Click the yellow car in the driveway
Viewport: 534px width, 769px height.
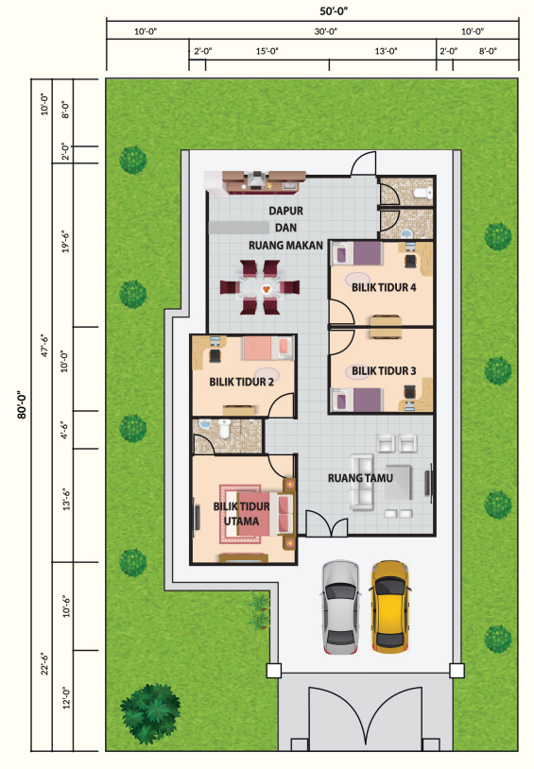point(389,607)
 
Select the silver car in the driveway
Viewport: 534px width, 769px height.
point(341,607)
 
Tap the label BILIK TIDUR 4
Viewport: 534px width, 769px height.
point(384,287)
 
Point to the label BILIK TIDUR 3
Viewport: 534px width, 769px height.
point(384,371)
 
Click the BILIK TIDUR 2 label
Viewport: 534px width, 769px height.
point(241,382)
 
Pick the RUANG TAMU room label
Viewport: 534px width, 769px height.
point(360,478)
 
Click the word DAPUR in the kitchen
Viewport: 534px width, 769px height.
point(285,211)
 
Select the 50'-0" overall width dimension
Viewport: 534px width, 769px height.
point(334,10)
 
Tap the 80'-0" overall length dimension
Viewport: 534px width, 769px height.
point(22,404)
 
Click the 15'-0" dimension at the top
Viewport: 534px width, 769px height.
point(267,50)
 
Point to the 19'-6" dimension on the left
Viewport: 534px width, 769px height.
point(65,241)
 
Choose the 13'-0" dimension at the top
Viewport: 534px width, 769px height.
point(386,50)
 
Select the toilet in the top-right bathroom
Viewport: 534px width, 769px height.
point(423,193)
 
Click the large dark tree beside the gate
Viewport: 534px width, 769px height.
point(149,713)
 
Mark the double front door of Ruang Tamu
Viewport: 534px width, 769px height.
point(327,523)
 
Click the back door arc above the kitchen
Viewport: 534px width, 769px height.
point(363,163)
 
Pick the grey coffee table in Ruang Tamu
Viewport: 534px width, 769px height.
point(398,483)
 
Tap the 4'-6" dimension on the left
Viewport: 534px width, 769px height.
point(65,430)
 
